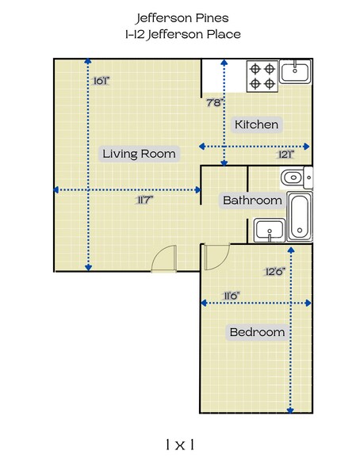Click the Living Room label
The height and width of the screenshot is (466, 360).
click(x=139, y=154)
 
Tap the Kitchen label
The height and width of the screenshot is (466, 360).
click(x=256, y=124)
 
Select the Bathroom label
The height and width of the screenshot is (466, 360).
click(x=252, y=200)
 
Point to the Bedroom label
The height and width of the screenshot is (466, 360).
click(x=257, y=331)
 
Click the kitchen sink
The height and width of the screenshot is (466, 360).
click(x=295, y=71)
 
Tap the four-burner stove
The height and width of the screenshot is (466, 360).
click(x=262, y=76)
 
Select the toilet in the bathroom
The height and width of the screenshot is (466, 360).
click(x=297, y=178)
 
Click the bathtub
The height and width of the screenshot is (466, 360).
click(x=300, y=216)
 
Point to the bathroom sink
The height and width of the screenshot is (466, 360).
click(x=270, y=231)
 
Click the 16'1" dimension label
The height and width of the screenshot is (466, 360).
click(x=101, y=81)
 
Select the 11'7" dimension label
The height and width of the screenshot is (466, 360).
click(x=144, y=200)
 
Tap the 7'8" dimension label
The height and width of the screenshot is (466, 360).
click(x=215, y=103)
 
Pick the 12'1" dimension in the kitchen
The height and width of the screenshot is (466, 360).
click(x=286, y=155)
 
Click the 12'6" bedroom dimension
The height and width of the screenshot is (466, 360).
click(x=275, y=272)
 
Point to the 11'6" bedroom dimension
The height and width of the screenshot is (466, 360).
click(x=232, y=296)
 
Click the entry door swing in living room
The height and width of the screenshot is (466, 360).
click(x=164, y=258)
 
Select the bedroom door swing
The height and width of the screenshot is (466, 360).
click(x=216, y=257)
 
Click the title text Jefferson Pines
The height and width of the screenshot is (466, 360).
click(x=182, y=18)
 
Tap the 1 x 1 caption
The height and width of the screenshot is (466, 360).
click(x=180, y=445)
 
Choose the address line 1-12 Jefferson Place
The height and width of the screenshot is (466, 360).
click(x=182, y=35)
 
